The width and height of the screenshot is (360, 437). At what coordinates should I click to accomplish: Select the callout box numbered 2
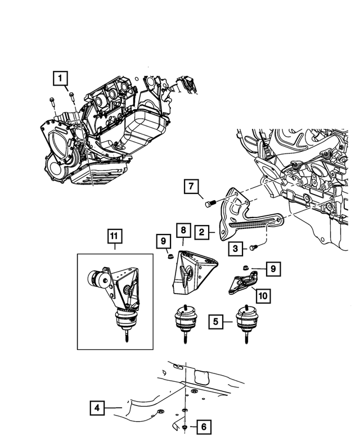click(202, 230)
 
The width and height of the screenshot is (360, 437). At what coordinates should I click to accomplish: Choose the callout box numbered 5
click(217, 322)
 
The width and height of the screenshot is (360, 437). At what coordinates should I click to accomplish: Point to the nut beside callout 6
click(186, 427)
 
